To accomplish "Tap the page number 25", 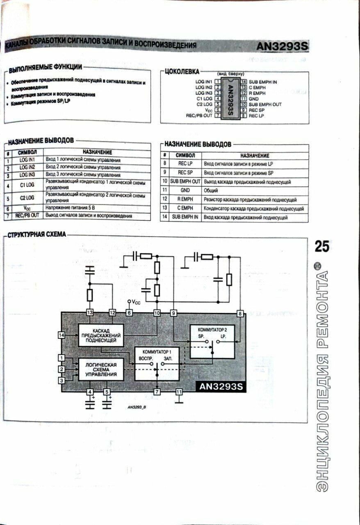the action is (322, 247).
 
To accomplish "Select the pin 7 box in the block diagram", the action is (157, 392).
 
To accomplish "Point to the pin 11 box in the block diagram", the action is (179, 392).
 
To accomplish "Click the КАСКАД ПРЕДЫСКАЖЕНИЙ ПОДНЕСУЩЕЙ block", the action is (101, 335).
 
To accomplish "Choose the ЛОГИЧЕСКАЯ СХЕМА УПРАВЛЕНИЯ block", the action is (101, 369).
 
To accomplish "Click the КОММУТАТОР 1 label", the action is (157, 352).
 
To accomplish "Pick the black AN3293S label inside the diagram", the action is (221, 387).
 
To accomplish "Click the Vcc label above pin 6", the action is (134, 302).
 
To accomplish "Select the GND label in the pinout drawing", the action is (253, 99).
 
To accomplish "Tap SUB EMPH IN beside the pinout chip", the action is (263, 82).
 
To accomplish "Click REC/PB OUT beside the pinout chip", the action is (199, 116).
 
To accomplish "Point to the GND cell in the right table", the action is (185, 190).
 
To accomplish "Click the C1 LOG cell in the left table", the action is (27, 185).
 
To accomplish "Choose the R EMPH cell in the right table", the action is (185, 199).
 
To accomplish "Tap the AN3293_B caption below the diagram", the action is (137, 407).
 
